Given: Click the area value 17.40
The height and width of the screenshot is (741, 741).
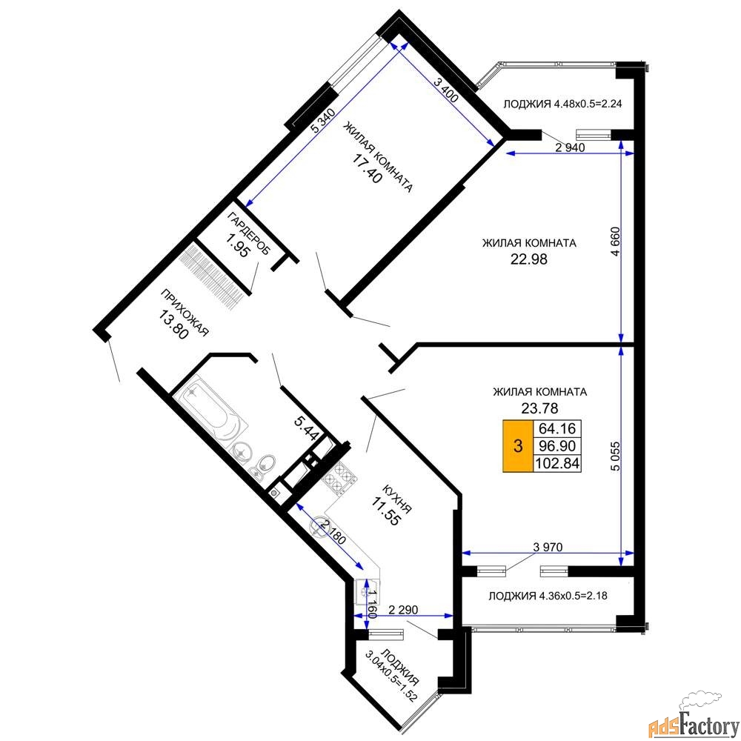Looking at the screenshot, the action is click(x=367, y=168).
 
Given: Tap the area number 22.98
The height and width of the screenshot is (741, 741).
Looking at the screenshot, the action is click(x=529, y=259).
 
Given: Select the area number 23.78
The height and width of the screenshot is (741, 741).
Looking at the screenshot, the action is click(x=539, y=408).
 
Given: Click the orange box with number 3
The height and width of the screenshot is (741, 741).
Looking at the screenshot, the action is click(x=518, y=445).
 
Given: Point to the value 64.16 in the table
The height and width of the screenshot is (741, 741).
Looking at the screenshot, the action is click(x=557, y=428).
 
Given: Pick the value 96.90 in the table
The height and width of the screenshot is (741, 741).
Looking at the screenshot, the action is click(x=557, y=445).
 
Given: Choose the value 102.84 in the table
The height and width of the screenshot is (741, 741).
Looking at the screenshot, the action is click(x=557, y=463).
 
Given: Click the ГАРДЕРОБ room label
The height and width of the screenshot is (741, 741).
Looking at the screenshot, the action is click(x=248, y=233).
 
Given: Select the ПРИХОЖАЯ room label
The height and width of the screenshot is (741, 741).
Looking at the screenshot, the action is click(x=185, y=313).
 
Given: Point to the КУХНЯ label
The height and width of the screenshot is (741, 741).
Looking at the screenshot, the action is click(x=396, y=499).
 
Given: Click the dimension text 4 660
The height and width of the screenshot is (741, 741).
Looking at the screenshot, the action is click(x=615, y=242).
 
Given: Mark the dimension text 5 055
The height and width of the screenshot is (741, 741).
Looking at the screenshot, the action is click(x=615, y=456).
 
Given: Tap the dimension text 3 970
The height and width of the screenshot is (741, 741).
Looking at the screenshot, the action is click(x=548, y=548).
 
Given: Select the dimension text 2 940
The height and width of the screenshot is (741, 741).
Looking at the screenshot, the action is click(x=570, y=147).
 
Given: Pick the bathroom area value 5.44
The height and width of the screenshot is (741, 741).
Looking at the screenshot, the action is click(x=307, y=428).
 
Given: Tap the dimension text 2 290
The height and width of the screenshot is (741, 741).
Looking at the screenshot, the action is click(x=403, y=610).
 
